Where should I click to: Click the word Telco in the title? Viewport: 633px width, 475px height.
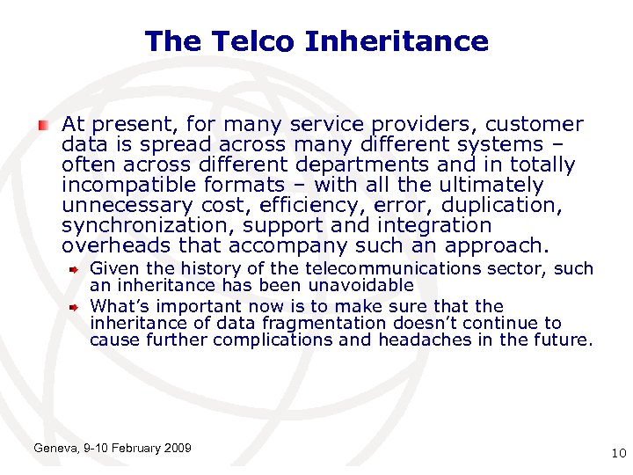point(261,41)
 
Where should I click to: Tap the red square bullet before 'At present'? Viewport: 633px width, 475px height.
point(42,125)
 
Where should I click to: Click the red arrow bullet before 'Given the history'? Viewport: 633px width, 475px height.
point(76,269)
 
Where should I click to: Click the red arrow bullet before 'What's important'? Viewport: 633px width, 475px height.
point(76,307)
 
